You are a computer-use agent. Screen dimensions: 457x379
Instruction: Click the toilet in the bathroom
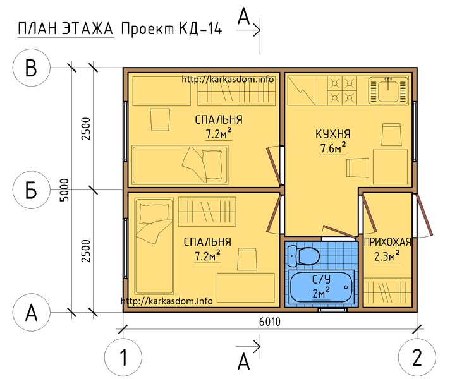tap(303, 255)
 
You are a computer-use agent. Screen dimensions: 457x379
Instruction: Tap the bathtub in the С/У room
tap(321, 287)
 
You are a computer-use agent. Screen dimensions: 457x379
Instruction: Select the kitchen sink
tap(389, 90)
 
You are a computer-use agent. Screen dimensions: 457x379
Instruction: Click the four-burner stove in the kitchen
tap(342, 90)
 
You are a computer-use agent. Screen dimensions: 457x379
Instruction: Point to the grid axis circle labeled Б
tap(31, 190)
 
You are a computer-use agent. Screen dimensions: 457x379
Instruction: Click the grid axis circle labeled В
tap(31, 68)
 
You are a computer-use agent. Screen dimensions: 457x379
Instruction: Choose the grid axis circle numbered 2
tap(417, 357)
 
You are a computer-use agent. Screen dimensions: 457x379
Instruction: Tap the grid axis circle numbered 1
tap(123, 357)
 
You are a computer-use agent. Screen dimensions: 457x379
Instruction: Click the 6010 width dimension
tap(270, 322)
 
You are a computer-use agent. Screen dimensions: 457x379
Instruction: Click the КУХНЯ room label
tap(333, 135)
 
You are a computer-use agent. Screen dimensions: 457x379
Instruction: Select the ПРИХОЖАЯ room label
tap(387, 242)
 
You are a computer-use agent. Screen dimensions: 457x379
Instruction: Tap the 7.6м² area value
tap(333, 148)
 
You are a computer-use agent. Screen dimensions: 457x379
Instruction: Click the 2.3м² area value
tap(387, 256)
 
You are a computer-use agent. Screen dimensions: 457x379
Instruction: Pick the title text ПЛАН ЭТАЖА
tap(65, 29)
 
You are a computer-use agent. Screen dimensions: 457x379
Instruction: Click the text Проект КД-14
tap(171, 29)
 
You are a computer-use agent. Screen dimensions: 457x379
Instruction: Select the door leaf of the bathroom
tap(340, 231)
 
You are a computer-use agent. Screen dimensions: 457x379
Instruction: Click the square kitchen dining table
tap(390, 167)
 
